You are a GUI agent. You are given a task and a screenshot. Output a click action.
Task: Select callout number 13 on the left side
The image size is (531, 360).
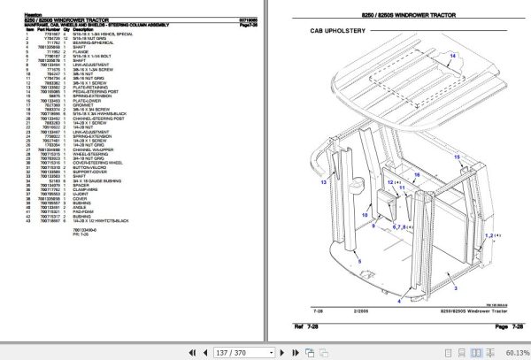(x=324, y=181)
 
